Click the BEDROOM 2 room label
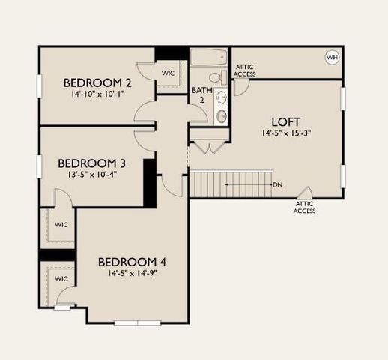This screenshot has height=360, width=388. [97, 82]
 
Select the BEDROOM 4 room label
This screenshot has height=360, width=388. [132, 262]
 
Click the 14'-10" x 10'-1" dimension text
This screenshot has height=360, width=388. [97, 94]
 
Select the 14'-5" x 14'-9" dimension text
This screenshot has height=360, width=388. [132, 273]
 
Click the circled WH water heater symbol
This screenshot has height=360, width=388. [331, 58]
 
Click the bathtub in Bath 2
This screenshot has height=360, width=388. [207, 58]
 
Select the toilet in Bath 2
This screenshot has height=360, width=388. [216, 78]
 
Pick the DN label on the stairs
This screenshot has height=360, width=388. [277, 184]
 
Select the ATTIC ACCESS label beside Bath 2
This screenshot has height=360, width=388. [244, 70]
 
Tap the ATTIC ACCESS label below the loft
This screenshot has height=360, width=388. [305, 207]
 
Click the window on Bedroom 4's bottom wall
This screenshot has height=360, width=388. [137, 323]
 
